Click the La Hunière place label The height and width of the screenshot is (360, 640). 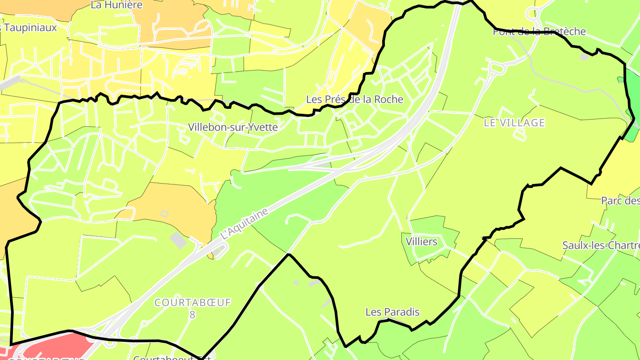[116, 5]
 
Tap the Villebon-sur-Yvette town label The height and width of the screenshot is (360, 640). [232, 127]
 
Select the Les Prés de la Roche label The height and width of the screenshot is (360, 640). [354, 99]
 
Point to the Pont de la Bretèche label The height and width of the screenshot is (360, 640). [539, 32]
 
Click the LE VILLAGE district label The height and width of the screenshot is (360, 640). [514, 123]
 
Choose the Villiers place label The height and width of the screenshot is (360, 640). [421, 242]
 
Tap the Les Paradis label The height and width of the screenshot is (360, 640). [392, 312]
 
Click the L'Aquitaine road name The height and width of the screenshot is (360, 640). [245, 224]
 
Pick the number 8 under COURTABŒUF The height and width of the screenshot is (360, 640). [192, 315]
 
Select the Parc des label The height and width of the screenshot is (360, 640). [620, 201]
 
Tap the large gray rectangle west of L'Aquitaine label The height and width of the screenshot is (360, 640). [179, 240]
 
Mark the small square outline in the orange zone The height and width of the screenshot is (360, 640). [164, 214]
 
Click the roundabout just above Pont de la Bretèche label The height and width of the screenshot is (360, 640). [533, 15]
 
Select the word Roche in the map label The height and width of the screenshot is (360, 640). [388, 99]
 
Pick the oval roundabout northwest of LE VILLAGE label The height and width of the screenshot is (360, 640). [495, 68]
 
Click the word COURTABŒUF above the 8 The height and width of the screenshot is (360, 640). [192, 303]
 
